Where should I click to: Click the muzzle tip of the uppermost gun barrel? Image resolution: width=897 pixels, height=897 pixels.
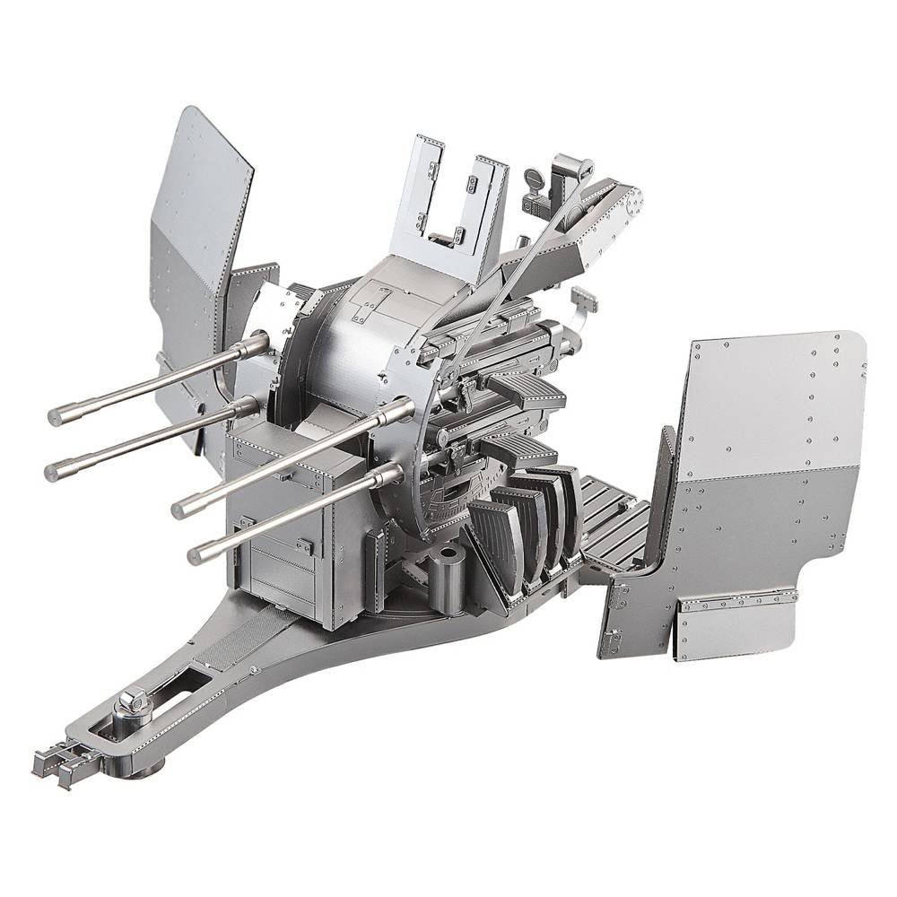56,414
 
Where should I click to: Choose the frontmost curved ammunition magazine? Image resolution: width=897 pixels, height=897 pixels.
490,547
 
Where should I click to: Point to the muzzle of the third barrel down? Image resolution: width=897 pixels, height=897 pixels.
179,509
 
